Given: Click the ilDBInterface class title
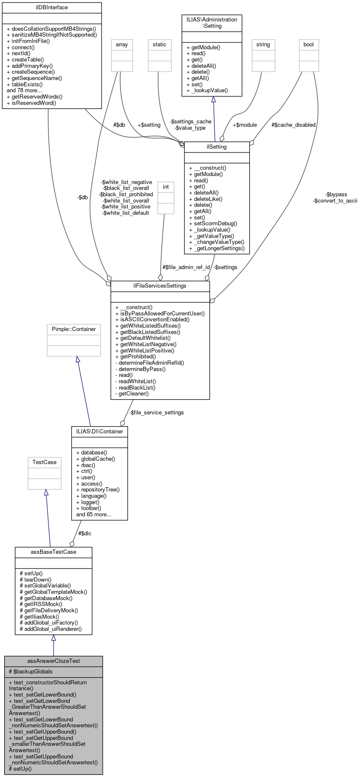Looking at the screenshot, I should coord(52,7).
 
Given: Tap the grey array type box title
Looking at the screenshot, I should coord(122,45).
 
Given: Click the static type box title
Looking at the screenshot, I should coord(160,45).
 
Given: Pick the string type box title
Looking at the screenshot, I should coord(263,45).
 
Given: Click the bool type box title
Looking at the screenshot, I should coord(309,45).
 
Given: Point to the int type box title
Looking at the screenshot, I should coord(166,187).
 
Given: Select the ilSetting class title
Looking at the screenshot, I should coord(217,147).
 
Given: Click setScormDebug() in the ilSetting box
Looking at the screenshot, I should coord(213,224).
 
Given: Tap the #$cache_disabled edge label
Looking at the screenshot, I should coord(293,125).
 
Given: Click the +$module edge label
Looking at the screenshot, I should coord(245,125).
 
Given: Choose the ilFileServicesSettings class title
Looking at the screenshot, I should coord(160,286).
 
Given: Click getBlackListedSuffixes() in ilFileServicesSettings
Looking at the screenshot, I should coord(147,332).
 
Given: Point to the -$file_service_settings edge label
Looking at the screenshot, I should coord(156,413).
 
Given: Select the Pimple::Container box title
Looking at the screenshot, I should coord(74,329).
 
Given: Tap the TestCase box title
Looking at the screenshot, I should coord(45,462).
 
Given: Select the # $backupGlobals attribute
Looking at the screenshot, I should coord(31,671).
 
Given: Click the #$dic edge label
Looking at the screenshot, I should coord(85,534).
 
